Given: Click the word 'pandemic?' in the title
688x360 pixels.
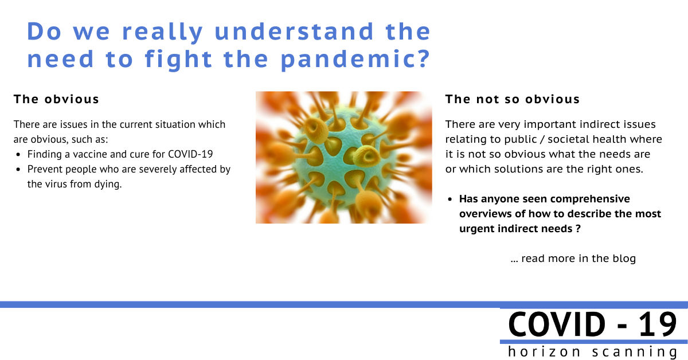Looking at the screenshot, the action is coord(355,60).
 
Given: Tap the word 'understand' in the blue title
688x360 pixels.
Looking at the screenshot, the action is coord(294,32).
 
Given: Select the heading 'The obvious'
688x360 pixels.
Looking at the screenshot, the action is coord(56,99).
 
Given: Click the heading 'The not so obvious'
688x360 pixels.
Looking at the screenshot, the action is coord(513,99).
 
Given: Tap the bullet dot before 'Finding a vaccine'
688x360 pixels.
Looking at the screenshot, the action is coord(18,155).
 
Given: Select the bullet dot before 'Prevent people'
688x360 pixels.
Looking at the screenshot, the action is coord(18,170).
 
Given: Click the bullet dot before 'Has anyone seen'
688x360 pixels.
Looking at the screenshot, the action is coord(450,199).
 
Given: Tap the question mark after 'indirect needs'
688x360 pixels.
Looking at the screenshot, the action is coord(578,229).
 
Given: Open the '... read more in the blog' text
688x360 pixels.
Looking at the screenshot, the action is coord(573,259).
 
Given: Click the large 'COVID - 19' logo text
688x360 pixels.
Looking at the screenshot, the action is coord(592,324).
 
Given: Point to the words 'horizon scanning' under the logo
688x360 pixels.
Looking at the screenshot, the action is coord(592,352).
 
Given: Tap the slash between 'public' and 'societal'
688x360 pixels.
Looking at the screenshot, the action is coord(542,139).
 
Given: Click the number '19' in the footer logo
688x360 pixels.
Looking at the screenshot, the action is coord(658,324).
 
